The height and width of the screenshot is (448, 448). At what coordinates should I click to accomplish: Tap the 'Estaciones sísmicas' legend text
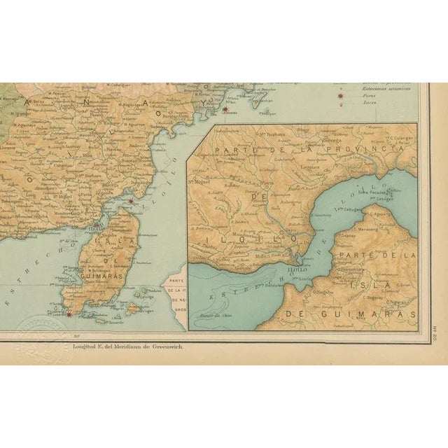pos(382,87)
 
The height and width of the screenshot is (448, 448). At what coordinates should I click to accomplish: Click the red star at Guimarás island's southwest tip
pos(69,314)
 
